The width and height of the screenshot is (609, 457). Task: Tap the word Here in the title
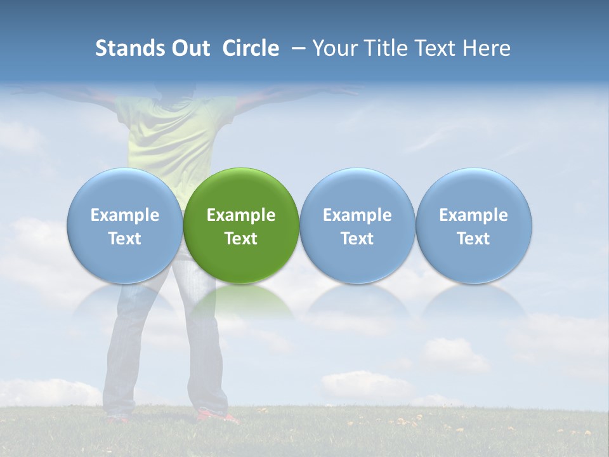pyautogui.click(x=487, y=48)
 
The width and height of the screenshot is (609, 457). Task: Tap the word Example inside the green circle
pyautogui.click(x=241, y=215)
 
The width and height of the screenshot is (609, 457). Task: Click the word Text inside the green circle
pyautogui.click(x=241, y=239)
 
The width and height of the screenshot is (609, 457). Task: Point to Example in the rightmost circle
pyautogui.click(x=473, y=215)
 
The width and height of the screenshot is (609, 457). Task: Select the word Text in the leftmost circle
pyautogui.click(x=124, y=239)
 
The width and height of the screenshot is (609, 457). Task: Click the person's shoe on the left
pyautogui.click(x=117, y=416)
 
